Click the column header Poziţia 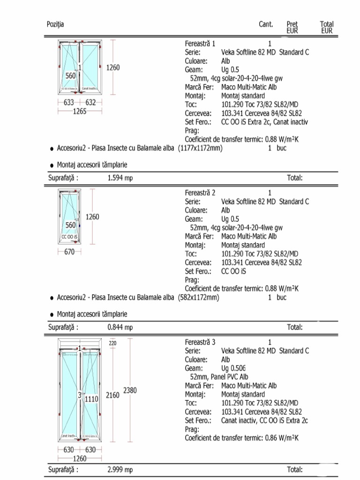tap(55, 24)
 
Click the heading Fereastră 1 tap(200, 44)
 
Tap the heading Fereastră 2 tap(200, 193)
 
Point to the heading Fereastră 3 tap(200, 342)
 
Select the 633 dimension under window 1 tap(69, 102)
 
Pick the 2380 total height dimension tap(130, 390)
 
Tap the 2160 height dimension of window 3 tap(112, 395)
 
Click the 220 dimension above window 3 tap(112, 343)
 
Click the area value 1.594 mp tap(120, 178)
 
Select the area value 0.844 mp tap(120, 327)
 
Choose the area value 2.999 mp tap(120, 470)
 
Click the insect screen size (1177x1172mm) tap(201, 148)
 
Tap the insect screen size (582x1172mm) tap(199, 298)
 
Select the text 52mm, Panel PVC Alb tap(219, 377)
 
